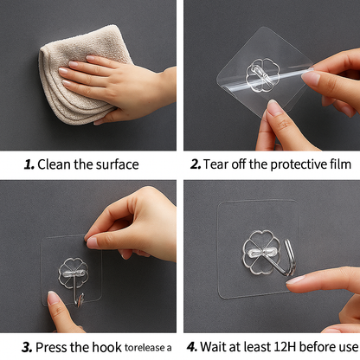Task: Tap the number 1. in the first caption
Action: [x=29, y=164]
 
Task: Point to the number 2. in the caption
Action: [x=196, y=164]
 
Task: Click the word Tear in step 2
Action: [x=218, y=164]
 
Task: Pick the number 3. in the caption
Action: [x=28, y=347]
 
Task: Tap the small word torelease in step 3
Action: [x=143, y=349]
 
